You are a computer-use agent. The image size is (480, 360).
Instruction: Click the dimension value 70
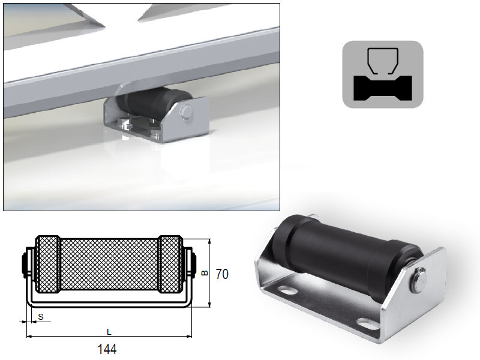coord(222,274)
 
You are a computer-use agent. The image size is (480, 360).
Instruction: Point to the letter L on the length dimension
coord(109,331)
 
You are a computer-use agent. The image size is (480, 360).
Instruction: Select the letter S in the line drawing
coord(40,316)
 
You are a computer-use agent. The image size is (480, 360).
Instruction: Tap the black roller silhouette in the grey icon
coord(382,88)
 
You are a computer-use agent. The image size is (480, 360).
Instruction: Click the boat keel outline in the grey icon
coord(382,60)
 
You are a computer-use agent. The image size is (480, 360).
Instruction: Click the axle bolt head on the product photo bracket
coord(419,280)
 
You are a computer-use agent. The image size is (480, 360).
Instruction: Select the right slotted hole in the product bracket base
coord(366,325)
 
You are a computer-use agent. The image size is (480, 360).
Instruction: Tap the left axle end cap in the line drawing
coord(25,263)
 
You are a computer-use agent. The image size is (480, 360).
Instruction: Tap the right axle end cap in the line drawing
coord(193,263)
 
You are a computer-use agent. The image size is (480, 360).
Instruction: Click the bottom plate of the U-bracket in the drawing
coord(109,300)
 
